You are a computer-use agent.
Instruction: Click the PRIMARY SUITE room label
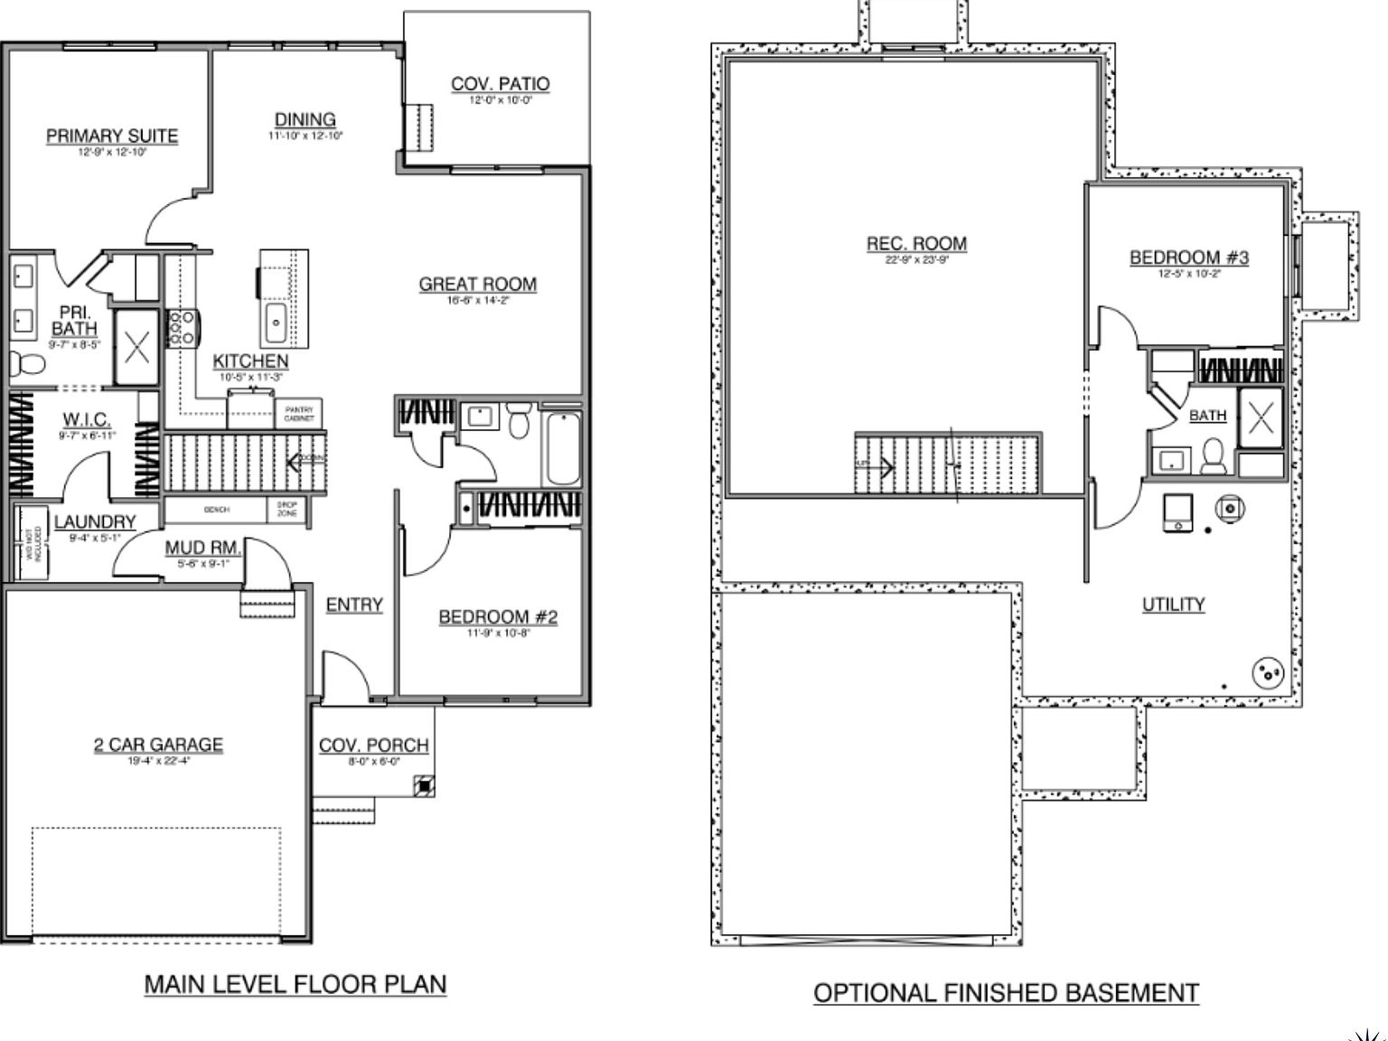tap(112, 136)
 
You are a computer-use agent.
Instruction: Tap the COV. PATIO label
tap(500, 84)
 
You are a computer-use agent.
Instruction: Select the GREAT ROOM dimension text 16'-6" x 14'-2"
tap(478, 300)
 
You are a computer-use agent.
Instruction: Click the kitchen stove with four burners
tap(182, 328)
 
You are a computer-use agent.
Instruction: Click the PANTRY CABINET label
tap(298, 414)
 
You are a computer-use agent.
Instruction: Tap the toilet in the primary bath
tap(28, 364)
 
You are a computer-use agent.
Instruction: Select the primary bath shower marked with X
tap(136, 347)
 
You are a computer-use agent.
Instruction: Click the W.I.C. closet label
tap(87, 419)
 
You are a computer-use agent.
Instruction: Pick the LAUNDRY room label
tap(95, 521)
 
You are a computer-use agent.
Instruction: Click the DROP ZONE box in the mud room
tap(287, 510)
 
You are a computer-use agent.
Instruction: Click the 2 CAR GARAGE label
tap(158, 745)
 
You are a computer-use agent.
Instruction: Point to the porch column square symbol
tap(423, 786)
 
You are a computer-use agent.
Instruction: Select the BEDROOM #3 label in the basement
tap(1188, 258)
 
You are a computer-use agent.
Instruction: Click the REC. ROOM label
tap(916, 243)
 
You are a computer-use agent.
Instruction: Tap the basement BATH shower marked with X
tap(1261, 417)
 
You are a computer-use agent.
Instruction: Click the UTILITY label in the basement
tap(1173, 604)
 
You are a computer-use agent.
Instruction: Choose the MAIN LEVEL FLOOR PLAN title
tap(295, 984)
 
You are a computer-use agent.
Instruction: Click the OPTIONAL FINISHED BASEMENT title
tap(1006, 993)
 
